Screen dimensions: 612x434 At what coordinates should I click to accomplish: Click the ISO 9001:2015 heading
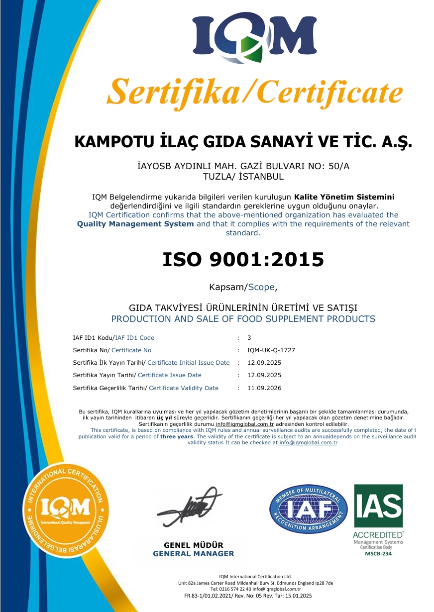click(x=243, y=259)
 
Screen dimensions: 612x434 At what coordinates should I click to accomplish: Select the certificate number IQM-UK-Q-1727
click(x=271, y=350)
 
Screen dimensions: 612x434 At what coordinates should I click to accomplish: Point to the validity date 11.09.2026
click(x=264, y=388)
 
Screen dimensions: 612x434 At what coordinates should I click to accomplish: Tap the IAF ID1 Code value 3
click(x=249, y=338)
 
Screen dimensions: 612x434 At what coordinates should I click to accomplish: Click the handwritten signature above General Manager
click(x=189, y=508)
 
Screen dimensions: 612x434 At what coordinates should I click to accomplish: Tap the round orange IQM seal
click(x=65, y=510)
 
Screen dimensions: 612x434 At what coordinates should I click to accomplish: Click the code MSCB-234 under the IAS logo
click(x=378, y=553)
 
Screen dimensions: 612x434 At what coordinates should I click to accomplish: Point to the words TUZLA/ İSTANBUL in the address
click(x=243, y=177)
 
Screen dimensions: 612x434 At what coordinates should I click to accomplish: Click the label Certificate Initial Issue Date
click(x=189, y=363)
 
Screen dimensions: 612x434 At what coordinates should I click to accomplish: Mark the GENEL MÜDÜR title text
click(x=194, y=545)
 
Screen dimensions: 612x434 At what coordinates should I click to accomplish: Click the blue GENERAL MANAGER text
click(x=194, y=554)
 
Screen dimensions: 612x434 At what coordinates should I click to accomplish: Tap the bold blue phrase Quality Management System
click(x=135, y=224)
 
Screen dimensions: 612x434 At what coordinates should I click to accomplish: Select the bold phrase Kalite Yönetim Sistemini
click(x=344, y=197)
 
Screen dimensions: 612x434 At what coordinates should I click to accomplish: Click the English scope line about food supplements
click(x=243, y=319)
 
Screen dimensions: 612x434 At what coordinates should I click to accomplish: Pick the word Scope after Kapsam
click(x=261, y=287)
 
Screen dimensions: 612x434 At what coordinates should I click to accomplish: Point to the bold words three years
click(x=177, y=436)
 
